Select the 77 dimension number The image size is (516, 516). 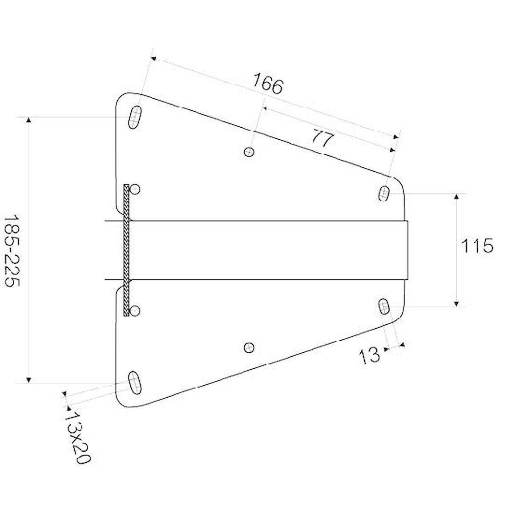323,138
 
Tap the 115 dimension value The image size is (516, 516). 477,246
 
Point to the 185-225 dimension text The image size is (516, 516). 12,250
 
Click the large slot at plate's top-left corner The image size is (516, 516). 135,117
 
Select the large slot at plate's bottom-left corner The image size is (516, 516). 135,383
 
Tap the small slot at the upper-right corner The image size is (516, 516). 384,193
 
